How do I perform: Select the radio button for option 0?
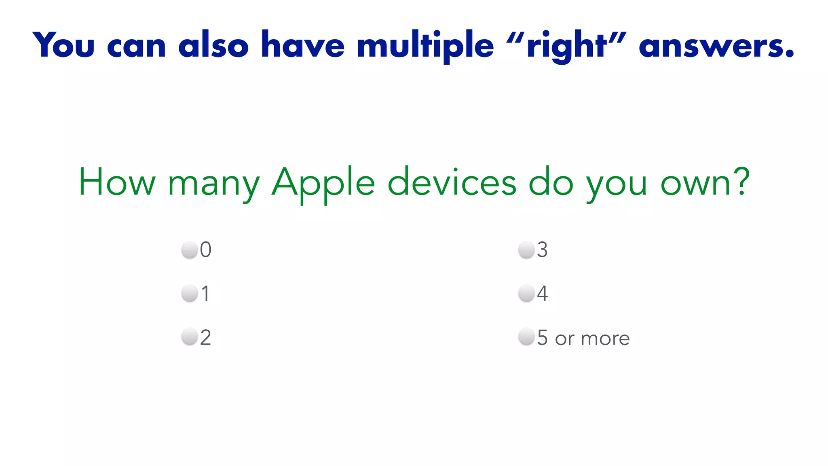[189, 250]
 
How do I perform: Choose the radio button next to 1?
[189, 293]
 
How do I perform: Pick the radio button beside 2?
[189, 337]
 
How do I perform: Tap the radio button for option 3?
[526, 250]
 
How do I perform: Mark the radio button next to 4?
[526, 293]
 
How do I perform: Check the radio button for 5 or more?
[526, 337]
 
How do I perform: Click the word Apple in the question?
[323, 183]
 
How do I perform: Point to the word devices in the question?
[452, 183]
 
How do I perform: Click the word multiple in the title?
[425, 46]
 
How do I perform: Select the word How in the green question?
[117, 183]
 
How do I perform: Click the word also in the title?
[213, 46]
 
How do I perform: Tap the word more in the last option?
[605, 338]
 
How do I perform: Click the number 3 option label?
[542, 250]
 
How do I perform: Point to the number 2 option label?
[205, 337]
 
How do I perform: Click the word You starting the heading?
[63, 46]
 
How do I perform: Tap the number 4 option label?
[542, 293]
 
